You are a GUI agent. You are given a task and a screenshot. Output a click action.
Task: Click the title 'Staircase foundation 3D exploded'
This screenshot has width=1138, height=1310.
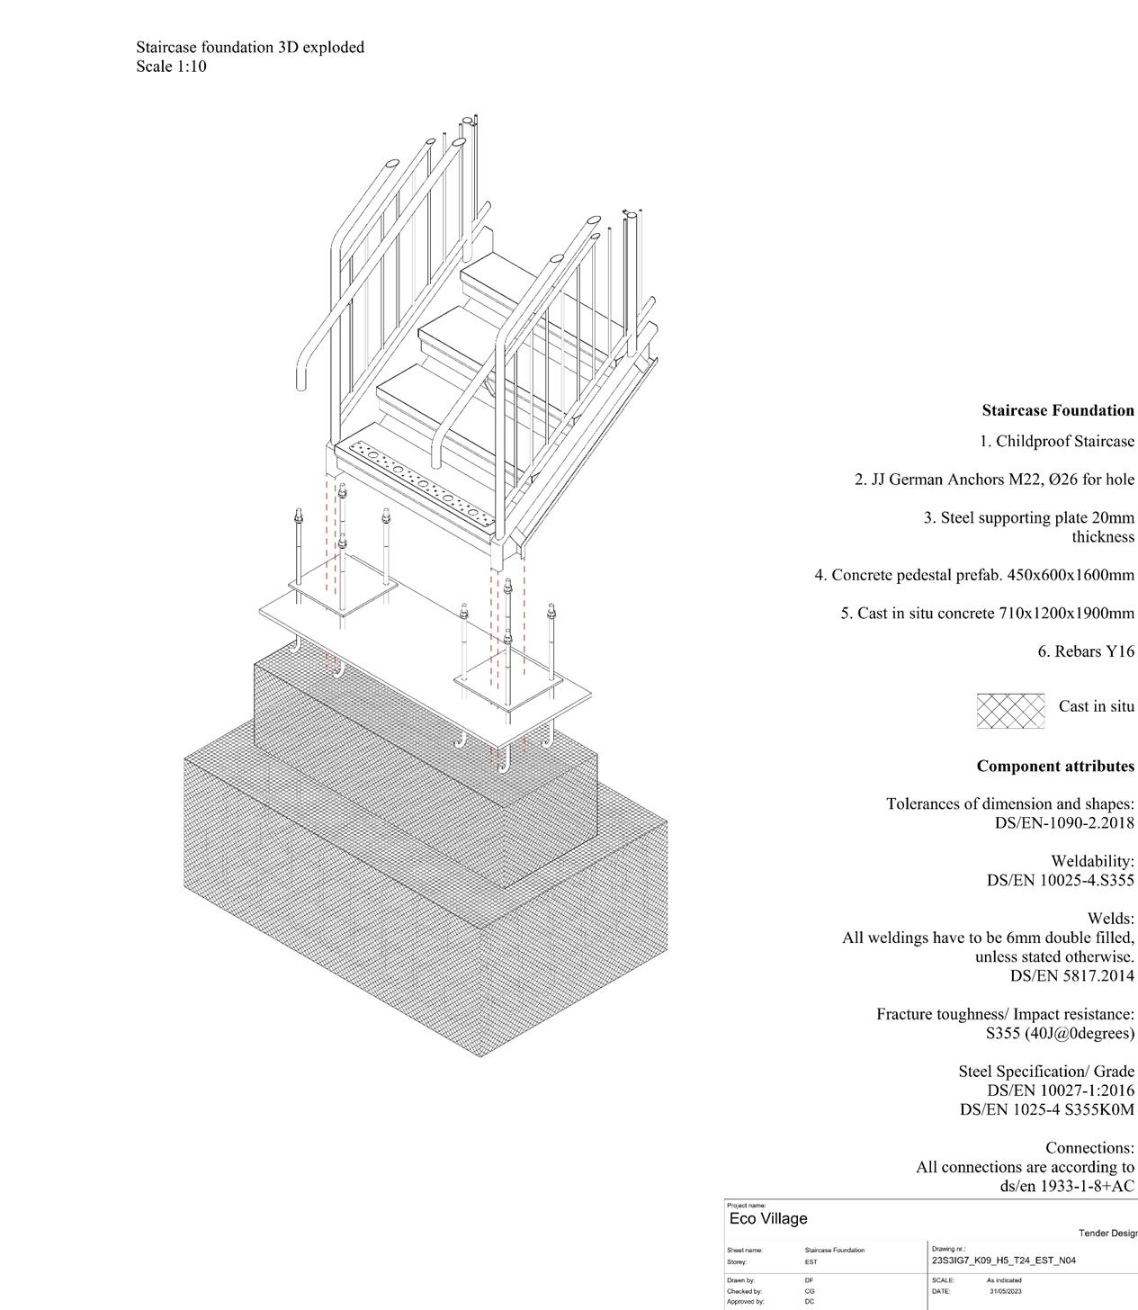pyautogui.click(x=250, y=47)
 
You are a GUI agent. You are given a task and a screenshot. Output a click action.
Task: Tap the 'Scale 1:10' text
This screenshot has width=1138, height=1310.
pyautogui.click(x=172, y=67)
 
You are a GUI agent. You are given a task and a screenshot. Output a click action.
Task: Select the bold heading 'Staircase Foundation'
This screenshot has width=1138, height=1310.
pyautogui.click(x=1058, y=410)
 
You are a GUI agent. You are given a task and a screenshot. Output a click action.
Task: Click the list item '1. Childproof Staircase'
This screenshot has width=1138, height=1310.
pyautogui.click(x=1057, y=442)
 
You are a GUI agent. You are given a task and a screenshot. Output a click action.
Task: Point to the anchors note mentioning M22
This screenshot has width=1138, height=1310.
pyautogui.click(x=994, y=480)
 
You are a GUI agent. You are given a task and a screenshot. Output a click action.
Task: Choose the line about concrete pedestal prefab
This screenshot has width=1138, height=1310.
pyautogui.click(x=974, y=575)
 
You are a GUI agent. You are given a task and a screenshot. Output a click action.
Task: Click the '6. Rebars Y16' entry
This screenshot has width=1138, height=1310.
pyautogui.click(x=1086, y=651)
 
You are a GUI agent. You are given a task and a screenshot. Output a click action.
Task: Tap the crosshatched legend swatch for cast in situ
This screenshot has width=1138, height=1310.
pyautogui.click(x=1010, y=710)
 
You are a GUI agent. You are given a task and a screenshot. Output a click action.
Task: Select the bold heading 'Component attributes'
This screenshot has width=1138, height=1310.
pyautogui.click(x=1055, y=767)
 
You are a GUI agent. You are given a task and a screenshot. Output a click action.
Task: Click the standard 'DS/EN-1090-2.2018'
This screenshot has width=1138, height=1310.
pyautogui.click(x=1064, y=823)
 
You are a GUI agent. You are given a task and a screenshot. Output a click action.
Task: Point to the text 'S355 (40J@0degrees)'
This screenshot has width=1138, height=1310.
pyautogui.click(x=1060, y=1033)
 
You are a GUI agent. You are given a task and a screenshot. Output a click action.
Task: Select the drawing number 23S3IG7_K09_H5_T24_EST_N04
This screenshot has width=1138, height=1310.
pyautogui.click(x=1003, y=1261)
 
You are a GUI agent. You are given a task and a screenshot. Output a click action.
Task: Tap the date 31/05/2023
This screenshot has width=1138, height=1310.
pyautogui.click(x=1006, y=1291)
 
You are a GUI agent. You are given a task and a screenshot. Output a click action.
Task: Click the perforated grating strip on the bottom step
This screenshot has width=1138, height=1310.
pyautogui.click(x=417, y=480)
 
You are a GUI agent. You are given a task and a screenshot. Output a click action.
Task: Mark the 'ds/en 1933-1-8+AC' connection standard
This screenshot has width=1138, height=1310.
pyautogui.click(x=1067, y=1186)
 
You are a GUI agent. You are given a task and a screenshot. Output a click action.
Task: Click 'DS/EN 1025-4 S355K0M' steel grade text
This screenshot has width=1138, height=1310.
pyautogui.click(x=1046, y=1109)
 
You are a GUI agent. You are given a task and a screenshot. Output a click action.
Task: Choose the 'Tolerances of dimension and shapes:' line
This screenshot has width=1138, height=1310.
pyautogui.click(x=1009, y=804)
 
